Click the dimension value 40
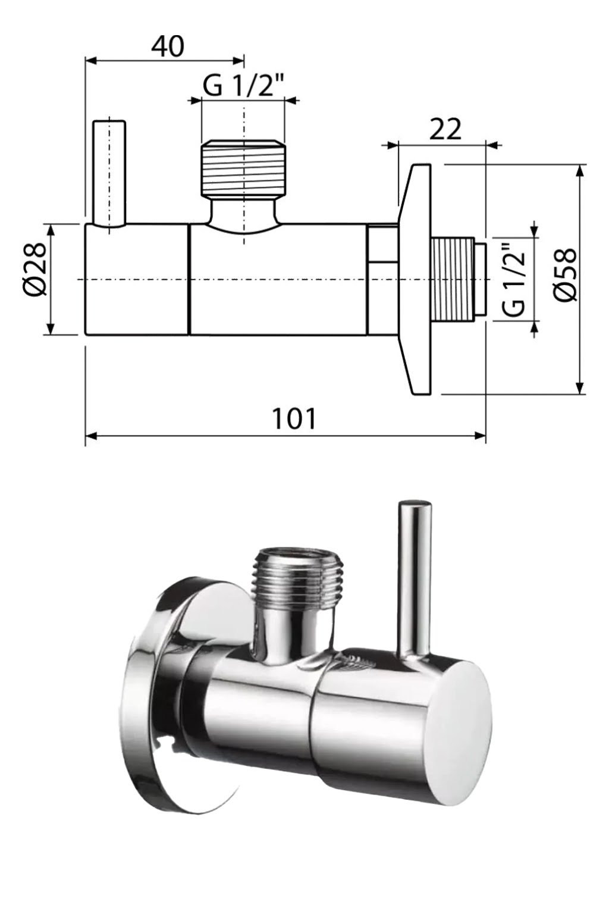pyautogui.click(x=167, y=46)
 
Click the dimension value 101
pyautogui.click(x=294, y=418)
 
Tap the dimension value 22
pyautogui.click(x=445, y=129)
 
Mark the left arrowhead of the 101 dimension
pyautogui.click(x=90, y=437)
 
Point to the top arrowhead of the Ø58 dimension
pyautogui.click(x=580, y=170)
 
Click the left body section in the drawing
pyautogui.click(x=137, y=278)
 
